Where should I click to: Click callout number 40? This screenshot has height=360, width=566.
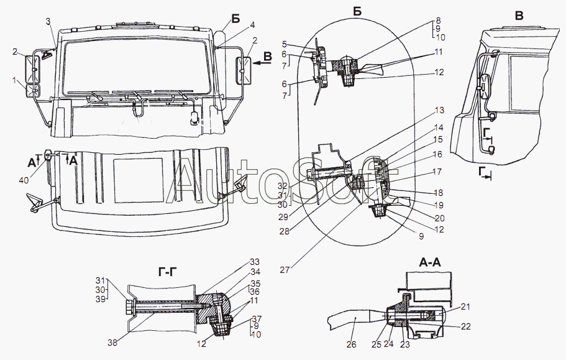click(x=24, y=179)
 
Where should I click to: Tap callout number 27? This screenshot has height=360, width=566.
click(x=285, y=269)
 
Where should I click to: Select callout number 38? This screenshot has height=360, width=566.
click(x=112, y=343)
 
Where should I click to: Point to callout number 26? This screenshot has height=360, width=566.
click(x=351, y=344)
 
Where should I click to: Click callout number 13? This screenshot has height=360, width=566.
click(x=439, y=111)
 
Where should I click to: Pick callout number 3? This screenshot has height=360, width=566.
click(x=48, y=21)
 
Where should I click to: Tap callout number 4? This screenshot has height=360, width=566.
click(x=252, y=25)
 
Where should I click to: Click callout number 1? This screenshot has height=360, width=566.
click(x=15, y=80)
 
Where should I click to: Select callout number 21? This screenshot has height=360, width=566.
click(x=465, y=307)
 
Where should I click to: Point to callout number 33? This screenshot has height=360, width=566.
click(x=255, y=262)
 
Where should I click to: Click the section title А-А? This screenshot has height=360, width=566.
click(x=430, y=262)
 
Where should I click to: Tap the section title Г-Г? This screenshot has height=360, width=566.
click(x=169, y=272)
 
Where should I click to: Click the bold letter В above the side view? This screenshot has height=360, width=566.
click(x=519, y=16)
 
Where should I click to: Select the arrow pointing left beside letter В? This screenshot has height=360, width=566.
click(x=262, y=63)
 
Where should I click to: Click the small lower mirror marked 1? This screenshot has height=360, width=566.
click(x=32, y=91)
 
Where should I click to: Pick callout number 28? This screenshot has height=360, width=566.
click(x=285, y=231)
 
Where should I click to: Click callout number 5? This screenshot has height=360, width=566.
click(x=284, y=44)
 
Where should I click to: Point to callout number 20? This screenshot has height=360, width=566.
click(x=440, y=218)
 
